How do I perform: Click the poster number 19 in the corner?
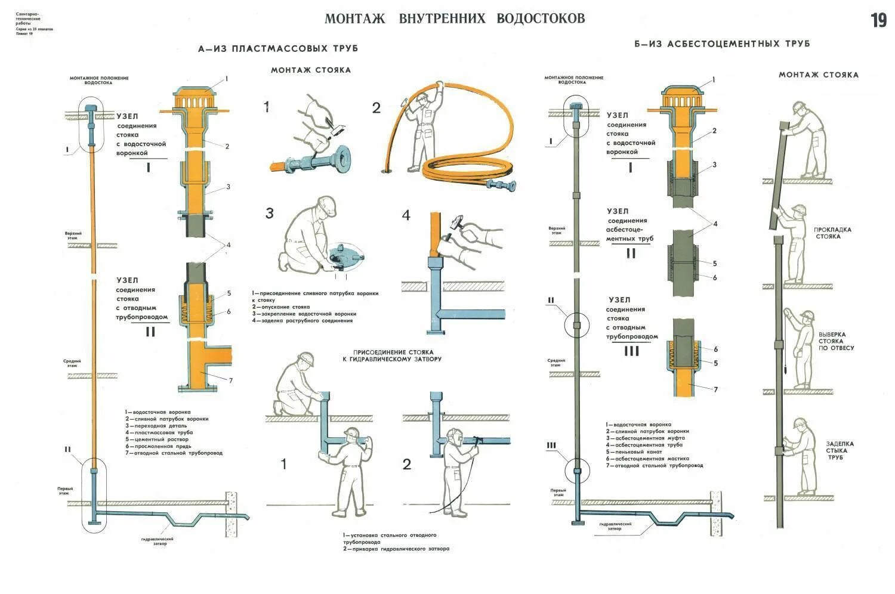tap(878, 20)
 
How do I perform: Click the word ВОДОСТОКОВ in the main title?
tap(541, 18)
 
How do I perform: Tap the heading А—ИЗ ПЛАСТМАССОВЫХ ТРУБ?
tap(278, 48)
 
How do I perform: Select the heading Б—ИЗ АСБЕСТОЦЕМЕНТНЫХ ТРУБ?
tap(722, 44)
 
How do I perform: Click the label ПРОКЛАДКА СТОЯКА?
tap(832, 233)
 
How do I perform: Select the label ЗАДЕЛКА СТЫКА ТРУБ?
tap(840, 450)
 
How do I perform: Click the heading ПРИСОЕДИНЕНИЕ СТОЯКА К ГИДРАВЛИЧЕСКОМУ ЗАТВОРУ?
tap(392, 355)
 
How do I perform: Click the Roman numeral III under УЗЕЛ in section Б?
tap(631, 351)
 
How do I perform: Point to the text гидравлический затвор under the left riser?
tap(158, 541)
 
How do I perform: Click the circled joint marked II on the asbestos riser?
tap(576, 324)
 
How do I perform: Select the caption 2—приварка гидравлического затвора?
tap(396, 549)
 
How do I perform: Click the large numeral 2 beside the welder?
tap(407, 464)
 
